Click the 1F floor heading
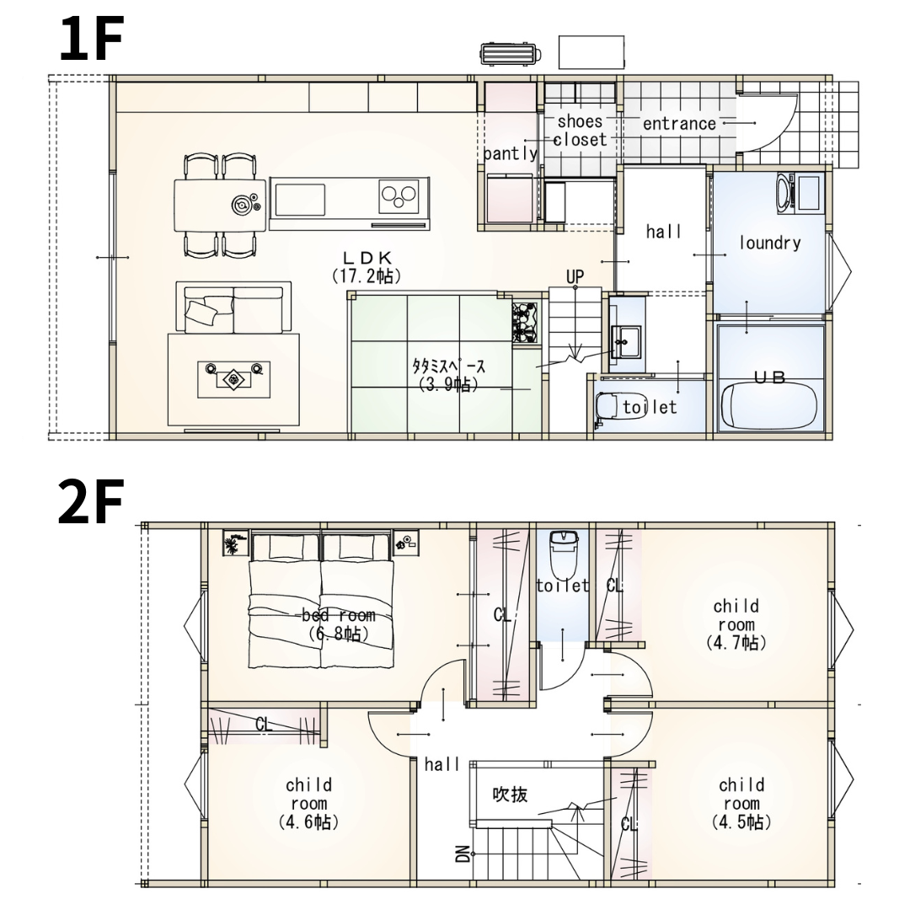pyautogui.click(x=92, y=39)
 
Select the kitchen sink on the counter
pyautogui.click(x=300, y=200)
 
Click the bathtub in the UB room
pyautogui.click(x=769, y=405)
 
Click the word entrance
pyautogui.click(x=679, y=124)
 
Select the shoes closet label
pyautogui.click(x=580, y=131)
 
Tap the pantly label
pyautogui.click(x=511, y=154)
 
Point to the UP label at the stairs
pyautogui.click(x=575, y=276)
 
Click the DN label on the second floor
pyautogui.click(x=463, y=853)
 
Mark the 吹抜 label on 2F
pyautogui.click(x=510, y=794)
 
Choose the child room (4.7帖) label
pyautogui.click(x=736, y=624)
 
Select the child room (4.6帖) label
pyautogui.click(x=308, y=803)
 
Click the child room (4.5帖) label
pyautogui.click(x=741, y=803)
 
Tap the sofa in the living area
pyautogui.click(x=233, y=308)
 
